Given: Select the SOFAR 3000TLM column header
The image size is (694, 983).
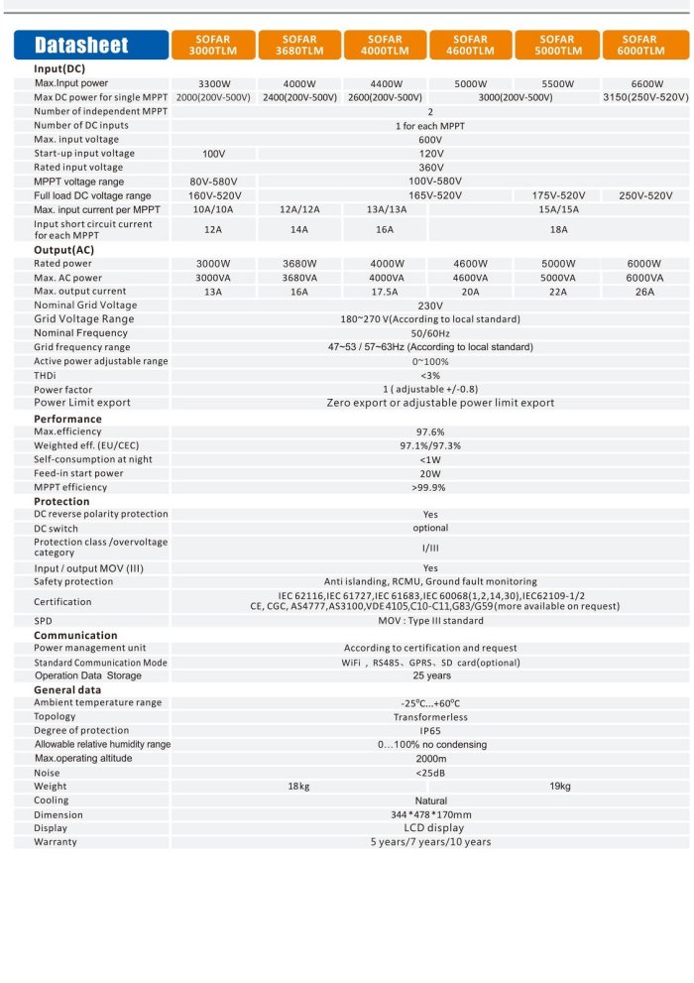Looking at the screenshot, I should pyautogui.click(x=213, y=45).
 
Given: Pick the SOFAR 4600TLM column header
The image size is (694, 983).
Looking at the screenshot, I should pyautogui.click(x=471, y=45).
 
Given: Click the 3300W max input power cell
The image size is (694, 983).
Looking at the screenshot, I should pyautogui.click(x=214, y=84).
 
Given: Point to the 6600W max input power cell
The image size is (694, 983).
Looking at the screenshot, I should pyautogui.click(x=646, y=84).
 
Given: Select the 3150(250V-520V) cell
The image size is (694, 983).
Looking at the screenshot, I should pyautogui.click(x=645, y=98).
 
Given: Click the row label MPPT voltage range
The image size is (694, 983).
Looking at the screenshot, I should pyautogui.click(x=78, y=182).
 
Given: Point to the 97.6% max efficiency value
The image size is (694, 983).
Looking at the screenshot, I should pyautogui.click(x=430, y=432).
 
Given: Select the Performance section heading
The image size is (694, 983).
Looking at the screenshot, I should pyautogui.click(x=67, y=419).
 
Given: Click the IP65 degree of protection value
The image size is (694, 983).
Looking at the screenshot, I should pyautogui.click(x=430, y=731).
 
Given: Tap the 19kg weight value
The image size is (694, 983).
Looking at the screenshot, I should pyautogui.click(x=560, y=787).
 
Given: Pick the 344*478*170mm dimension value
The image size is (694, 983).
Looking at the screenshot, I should pyautogui.click(x=430, y=814).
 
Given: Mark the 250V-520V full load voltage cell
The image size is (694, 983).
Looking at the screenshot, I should pyautogui.click(x=645, y=195).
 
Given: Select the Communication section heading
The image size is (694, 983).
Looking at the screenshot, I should pyautogui.click(x=75, y=635).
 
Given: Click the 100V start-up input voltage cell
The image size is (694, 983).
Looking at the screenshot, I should pyautogui.click(x=214, y=154).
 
